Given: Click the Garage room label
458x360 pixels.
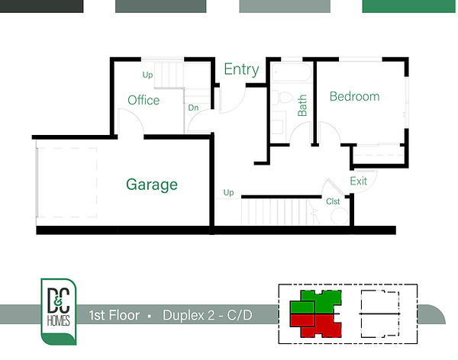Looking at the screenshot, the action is click(152, 185).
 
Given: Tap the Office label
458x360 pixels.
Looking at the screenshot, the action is click(144, 100).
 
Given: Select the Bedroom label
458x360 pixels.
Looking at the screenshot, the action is click(355, 96).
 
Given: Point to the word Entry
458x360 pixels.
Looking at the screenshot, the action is click(241, 69).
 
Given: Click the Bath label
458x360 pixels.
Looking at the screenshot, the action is click(302, 105).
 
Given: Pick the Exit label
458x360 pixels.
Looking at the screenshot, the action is click(359, 181).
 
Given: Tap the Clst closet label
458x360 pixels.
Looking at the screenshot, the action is click(333, 201).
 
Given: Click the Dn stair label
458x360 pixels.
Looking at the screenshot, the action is click(193, 108).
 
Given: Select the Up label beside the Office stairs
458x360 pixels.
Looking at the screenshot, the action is click(147, 75).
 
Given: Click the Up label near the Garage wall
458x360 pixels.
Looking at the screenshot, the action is click(228, 193).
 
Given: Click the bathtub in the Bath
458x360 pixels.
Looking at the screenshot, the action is click(292, 72).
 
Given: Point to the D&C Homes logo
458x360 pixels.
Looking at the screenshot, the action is click(59, 311).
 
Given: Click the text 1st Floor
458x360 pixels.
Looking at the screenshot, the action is click(114, 315).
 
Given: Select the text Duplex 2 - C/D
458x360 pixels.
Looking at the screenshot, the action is click(208, 315).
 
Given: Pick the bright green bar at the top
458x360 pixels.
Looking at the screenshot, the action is click(408, 6).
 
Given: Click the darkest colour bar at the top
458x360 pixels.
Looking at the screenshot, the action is click(41, 6).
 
